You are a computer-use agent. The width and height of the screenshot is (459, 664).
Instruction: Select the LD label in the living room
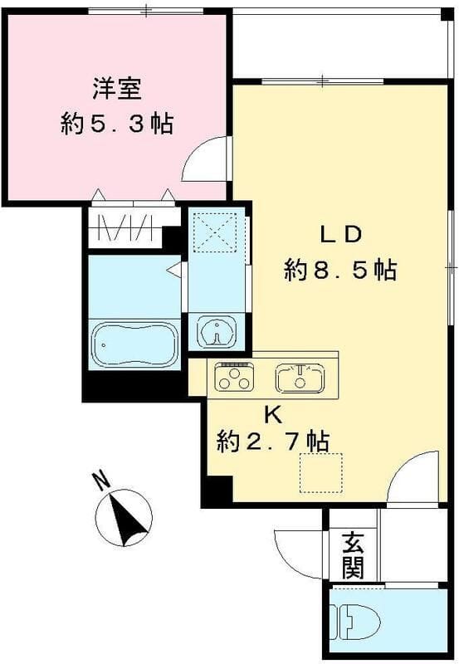point(341,234)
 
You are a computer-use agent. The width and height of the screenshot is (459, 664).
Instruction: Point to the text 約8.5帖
point(339,271)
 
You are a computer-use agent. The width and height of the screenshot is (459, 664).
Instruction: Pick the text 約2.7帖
point(272,441)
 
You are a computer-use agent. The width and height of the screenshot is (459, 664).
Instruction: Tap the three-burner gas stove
point(234,377)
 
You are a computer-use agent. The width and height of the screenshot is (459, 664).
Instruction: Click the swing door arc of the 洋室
point(203,158)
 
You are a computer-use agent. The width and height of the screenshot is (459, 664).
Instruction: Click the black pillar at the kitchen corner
point(217,491)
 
